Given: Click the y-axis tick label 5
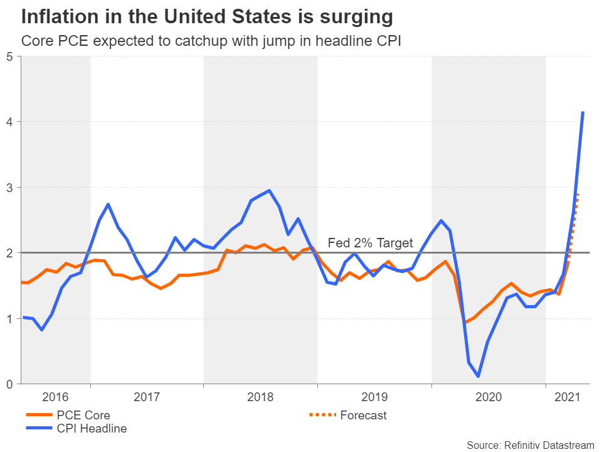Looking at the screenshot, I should tap(9, 56).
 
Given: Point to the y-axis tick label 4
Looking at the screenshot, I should tap(9, 122).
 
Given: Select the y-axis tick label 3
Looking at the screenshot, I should tap(9, 188).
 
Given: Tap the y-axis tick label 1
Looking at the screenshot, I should tap(9, 319).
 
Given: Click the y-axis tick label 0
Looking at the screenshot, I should tap(9, 384).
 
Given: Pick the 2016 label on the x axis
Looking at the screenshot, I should tap(55, 397).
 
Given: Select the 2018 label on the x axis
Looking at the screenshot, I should tap(260, 397).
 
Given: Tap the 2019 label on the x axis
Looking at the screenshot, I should tap(374, 397).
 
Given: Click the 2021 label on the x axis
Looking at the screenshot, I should tap(567, 397).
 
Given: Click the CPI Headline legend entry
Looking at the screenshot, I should tap(92, 429).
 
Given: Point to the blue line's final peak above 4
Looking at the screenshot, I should tap(583, 112).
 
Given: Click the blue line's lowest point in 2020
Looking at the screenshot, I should tap(478, 377).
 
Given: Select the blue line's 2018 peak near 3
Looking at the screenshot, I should tap(269, 190).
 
